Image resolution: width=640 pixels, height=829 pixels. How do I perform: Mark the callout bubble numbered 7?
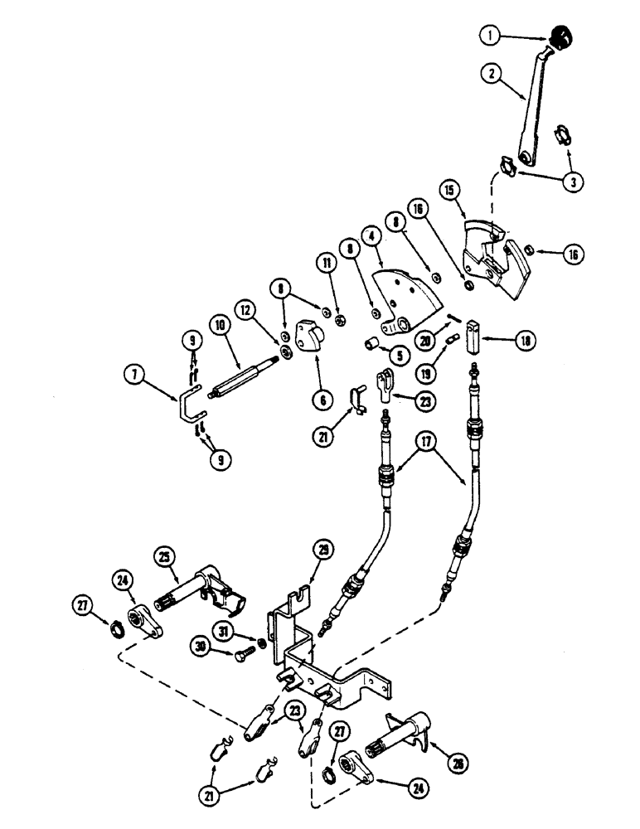[133, 374]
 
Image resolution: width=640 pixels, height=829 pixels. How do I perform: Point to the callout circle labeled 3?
[571, 182]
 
